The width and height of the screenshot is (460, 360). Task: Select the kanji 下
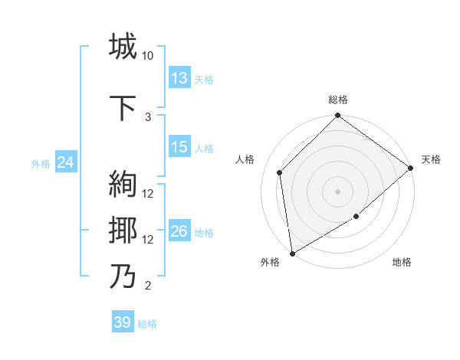(123, 106)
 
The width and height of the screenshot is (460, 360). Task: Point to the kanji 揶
(123, 230)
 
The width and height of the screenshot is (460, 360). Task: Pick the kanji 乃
(123, 276)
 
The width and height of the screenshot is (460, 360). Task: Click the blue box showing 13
(179, 78)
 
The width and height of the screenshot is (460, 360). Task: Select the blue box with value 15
(179, 147)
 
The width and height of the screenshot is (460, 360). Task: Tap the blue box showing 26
(179, 231)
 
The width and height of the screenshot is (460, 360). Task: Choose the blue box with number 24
(64, 162)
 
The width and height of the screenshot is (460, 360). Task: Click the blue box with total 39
(122, 322)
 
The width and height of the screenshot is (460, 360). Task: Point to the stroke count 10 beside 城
(148, 56)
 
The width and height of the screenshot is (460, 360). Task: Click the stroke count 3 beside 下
(148, 116)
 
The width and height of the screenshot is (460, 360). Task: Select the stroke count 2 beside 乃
(148, 286)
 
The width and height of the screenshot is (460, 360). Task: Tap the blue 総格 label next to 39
(148, 324)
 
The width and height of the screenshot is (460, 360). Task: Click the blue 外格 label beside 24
(40, 164)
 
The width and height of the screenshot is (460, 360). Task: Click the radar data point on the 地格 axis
(356, 218)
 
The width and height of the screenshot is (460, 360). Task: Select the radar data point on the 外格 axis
(292, 253)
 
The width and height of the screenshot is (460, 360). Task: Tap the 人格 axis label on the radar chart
(245, 159)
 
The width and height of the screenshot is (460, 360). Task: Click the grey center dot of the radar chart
(337, 191)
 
